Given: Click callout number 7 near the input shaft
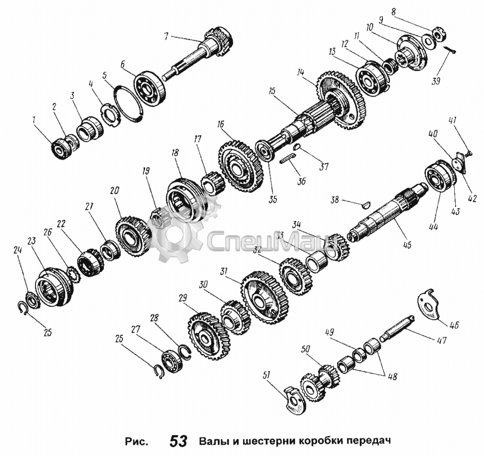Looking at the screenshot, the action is point(166,37).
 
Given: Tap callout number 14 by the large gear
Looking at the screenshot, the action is point(300,73).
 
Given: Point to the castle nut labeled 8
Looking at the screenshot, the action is point(439,34).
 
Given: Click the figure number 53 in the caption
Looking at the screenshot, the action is point(178,440).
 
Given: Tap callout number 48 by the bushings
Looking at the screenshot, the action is point(392,376).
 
